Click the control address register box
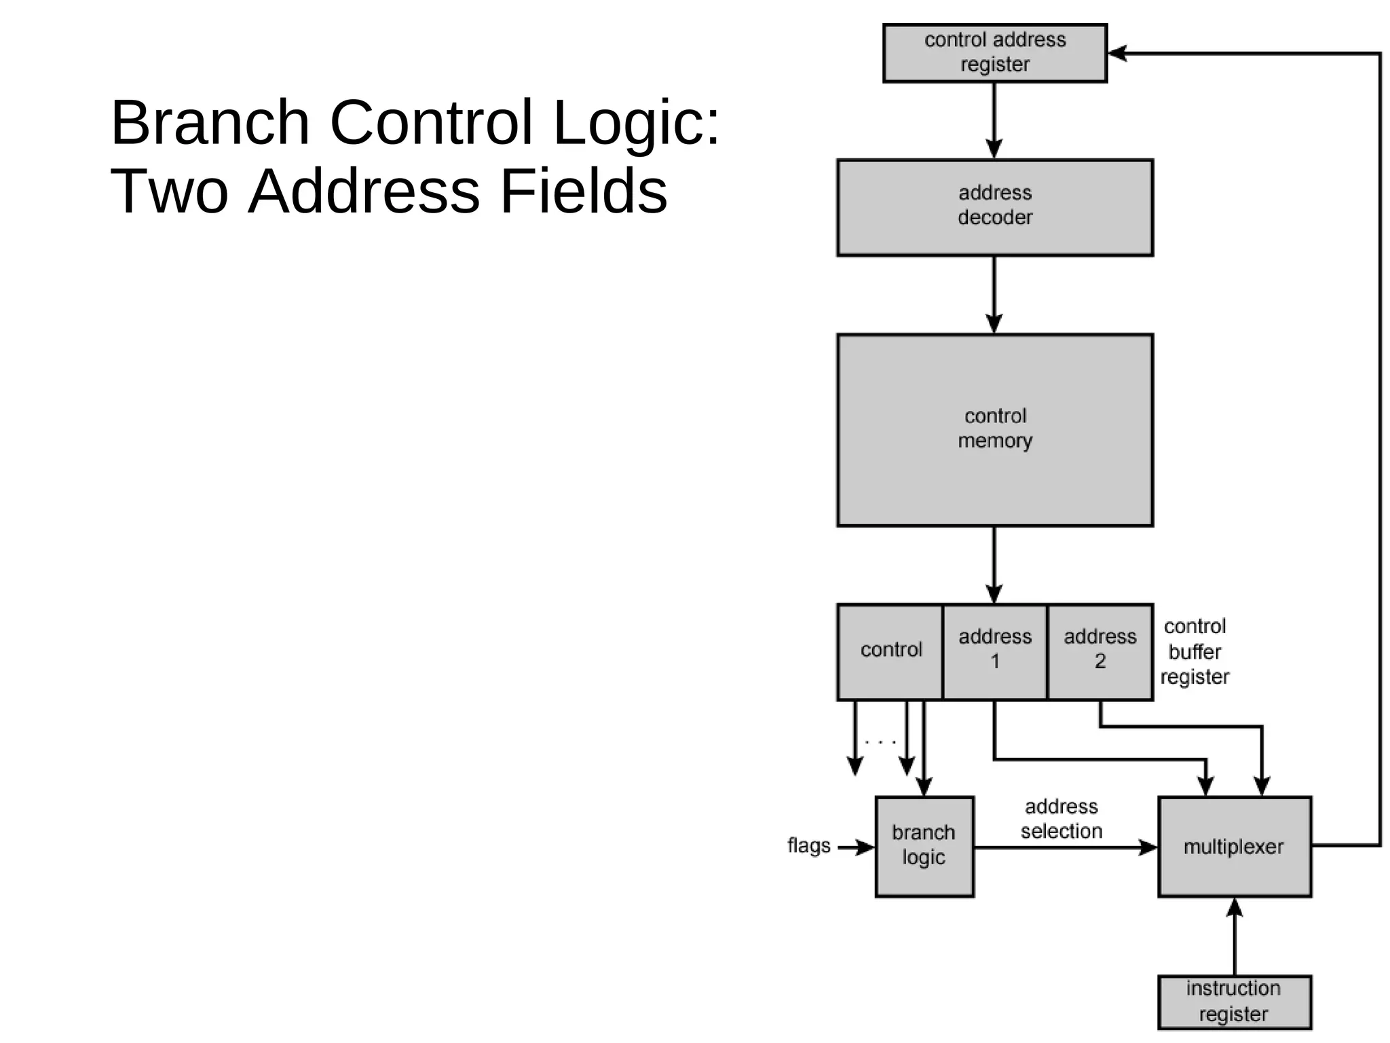point(994,53)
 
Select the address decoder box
point(994,207)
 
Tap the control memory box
point(994,429)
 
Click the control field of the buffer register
point(890,651)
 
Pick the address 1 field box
point(994,651)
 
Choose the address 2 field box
point(1100,651)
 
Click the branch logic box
point(924,846)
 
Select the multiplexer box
point(1234,846)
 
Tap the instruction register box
point(1234,1001)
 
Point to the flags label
point(808,846)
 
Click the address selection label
point(1062,819)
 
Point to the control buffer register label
point(1195,652)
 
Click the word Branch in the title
point(210,123)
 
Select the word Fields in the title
point(584,191)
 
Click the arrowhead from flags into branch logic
point(866,847)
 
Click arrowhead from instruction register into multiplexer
point(1235,907)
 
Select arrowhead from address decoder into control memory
point(994,324)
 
